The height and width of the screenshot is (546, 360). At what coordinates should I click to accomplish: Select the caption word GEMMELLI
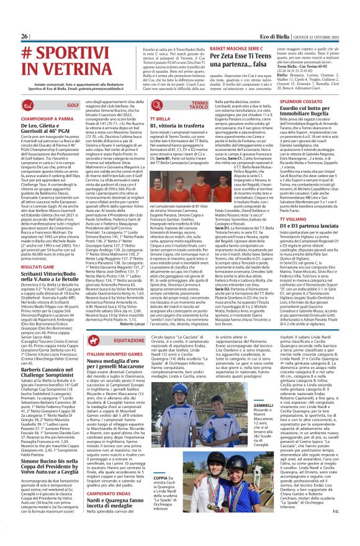[x=263, y=370]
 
